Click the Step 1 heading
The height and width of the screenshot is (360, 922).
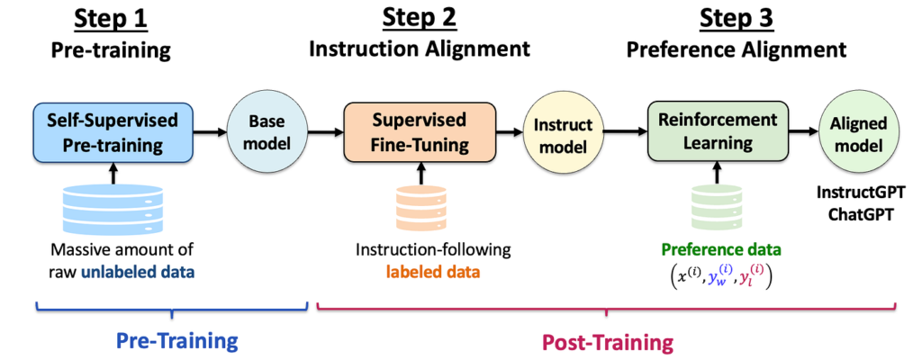[110, 19]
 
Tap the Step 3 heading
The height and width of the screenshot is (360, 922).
[737, 19]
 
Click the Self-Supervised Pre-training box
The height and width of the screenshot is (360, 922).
[113, 132]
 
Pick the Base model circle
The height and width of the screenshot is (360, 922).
[267, 132]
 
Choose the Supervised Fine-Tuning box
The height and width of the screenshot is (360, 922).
[420, 131]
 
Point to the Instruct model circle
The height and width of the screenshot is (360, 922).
[563, 134]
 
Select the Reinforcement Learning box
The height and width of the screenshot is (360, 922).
[718, 131]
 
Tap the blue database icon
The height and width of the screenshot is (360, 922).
[113, 208]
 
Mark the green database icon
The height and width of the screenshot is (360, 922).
[718, 210]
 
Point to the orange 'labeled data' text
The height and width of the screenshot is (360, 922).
[433, 273]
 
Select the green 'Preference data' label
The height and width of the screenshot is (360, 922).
[719, 250]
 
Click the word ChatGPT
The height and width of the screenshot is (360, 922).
[862, 215]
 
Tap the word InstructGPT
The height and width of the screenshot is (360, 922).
[862, 192]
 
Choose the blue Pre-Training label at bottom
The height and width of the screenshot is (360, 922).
[177, 340]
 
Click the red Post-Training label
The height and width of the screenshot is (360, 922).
[607, 342]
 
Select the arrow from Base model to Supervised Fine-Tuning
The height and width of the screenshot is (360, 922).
[324, 132]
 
